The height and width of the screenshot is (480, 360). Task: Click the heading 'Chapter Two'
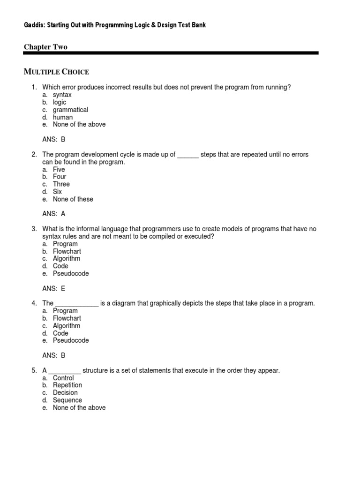(x=45, y=47)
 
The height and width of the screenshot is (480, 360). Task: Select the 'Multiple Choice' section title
(x=56, y=72)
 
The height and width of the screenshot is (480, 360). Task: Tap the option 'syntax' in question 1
(x=62, y=95)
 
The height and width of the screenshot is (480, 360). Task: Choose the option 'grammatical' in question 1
(x=70, y=110)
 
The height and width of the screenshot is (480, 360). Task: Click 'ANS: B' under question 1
(x=54, y=139)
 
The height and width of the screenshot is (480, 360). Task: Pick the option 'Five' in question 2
(x=59, y=169)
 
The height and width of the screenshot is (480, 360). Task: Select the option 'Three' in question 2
(x=61, y=184)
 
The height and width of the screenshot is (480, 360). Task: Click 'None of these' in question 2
(x=73, y=199)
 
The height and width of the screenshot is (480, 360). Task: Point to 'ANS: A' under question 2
(x=54, y=214)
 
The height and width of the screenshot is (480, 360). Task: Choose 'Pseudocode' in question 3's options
(x=71, y=273)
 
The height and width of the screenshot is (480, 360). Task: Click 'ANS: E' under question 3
(x=54, y=288)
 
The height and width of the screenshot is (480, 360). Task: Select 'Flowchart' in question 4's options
(x=67, y=318)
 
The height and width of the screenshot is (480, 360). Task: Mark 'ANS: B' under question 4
(x=54, y=355)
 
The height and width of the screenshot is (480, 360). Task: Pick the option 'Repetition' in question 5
(x=67, y=385)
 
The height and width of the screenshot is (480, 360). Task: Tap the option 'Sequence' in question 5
(x=67, y=400)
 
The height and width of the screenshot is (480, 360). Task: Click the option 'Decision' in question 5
(x=65, y=393)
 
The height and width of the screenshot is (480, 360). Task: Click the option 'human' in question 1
(x=63, y=117)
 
